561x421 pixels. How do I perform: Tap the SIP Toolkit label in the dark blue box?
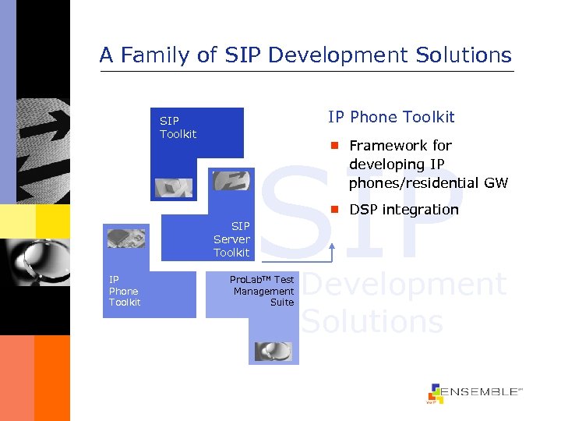click(x=178, y=127)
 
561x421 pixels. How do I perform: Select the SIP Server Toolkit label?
click(x=231, y=239)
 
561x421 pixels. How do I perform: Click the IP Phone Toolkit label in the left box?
click(x=125, y=290)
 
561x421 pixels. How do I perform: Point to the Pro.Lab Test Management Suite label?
click(x=263, y=290)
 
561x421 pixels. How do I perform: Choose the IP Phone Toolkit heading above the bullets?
click(x=391, y=117)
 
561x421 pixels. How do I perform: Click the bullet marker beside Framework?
click(x=333, y=146)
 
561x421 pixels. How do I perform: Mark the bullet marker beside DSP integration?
click(x=333, y=209)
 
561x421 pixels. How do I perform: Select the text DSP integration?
click(x=404, y=209)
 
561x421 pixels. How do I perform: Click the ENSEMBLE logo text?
click(x=482, y=392)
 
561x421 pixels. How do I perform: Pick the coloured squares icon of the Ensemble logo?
click(x=435, y=393)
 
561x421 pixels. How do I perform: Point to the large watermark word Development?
click(x=404, y=285)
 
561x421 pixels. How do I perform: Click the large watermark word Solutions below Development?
click(x=372, y=321)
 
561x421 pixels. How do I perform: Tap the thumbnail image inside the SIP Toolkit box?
click(x=173, y=187)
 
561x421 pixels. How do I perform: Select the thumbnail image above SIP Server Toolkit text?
click(x=231, y=181)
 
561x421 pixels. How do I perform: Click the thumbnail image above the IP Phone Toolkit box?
click(x=126, y=238)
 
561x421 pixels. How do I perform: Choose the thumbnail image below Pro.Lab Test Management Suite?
click(x=273, y=352)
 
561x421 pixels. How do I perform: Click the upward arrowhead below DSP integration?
click(x=333, y=246)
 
